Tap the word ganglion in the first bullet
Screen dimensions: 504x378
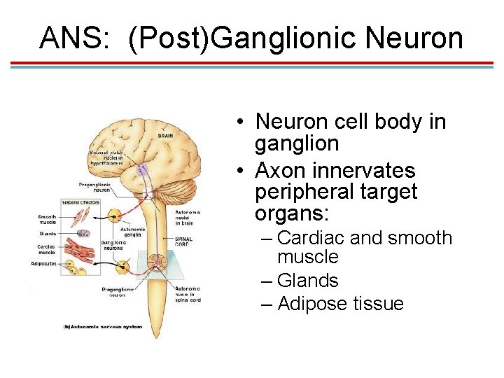click(x=297, y=144)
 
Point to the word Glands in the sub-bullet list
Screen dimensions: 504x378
click(x=307, y=281)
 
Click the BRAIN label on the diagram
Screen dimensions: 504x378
click(x=165, y=136)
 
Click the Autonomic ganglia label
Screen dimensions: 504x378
click(x=134, y=232)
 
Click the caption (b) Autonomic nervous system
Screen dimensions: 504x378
click(x=103, y=327)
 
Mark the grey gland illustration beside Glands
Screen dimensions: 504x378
click(x=83, y=234)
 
